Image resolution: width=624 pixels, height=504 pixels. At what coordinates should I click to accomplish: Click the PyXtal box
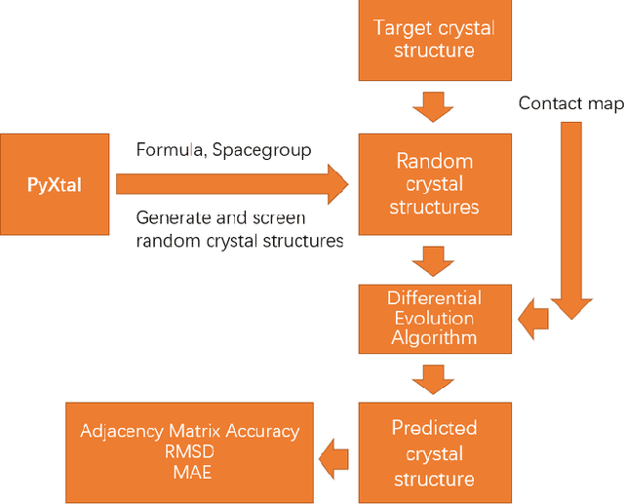56,184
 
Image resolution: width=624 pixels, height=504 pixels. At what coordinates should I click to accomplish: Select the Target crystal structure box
434,40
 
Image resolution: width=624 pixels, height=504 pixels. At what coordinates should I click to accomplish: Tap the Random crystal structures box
434,184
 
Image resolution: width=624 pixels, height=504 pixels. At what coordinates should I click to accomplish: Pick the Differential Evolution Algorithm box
434,317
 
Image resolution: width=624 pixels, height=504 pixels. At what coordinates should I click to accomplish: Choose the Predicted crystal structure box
434,452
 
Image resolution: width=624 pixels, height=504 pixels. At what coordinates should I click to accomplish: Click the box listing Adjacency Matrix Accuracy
189,452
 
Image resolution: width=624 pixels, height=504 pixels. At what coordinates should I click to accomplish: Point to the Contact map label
565,103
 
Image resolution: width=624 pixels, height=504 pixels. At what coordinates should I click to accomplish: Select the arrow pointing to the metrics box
335,453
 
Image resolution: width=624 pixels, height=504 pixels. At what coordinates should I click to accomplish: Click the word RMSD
189,453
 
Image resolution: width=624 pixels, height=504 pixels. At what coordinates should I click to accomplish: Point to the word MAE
189,474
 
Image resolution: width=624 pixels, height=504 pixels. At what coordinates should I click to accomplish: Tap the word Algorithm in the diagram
434,337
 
